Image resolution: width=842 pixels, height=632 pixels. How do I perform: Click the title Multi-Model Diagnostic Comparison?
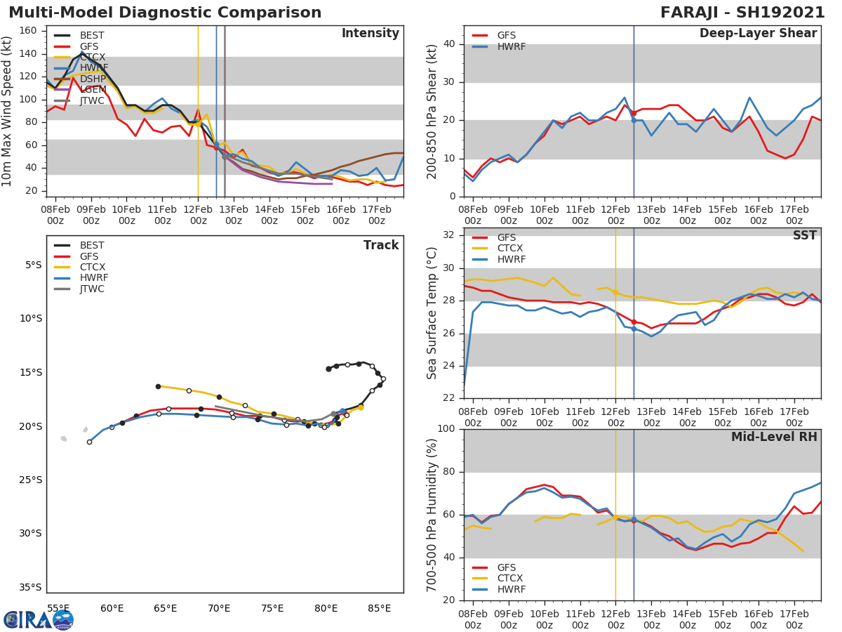(x=165, y=13)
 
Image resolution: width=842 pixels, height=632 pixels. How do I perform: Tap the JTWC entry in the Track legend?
(x=92, y=289)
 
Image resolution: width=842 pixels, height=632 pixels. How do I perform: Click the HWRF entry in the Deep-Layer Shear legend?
(x=511, y=46)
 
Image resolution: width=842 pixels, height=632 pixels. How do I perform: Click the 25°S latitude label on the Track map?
(x=31, y=480)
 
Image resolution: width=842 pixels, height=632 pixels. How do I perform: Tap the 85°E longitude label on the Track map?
(x=380, y=608)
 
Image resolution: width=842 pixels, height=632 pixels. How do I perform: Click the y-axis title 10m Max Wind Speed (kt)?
(x=8, y=111)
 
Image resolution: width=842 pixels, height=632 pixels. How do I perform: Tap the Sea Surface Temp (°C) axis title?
(x=432, y=313)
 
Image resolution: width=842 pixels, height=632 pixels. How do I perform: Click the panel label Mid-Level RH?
(x=774, y=437)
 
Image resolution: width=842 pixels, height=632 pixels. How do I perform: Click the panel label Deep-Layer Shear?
(x=758, y=34)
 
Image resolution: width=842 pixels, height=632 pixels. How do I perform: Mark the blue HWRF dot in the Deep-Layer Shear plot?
(x=634, y=120)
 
